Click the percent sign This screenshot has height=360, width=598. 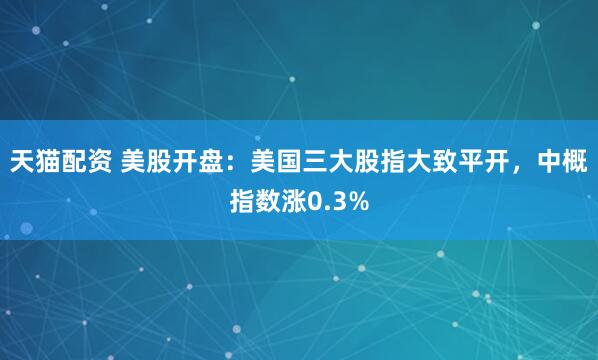(x=358, y=203)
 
